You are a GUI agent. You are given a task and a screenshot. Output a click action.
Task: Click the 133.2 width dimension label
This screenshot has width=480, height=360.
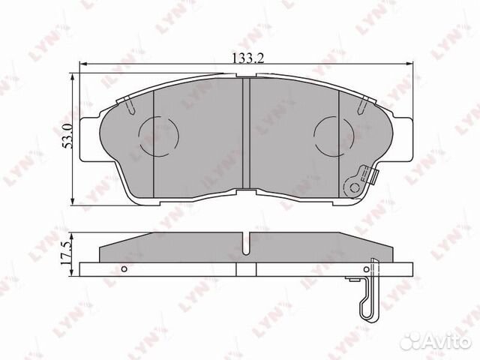[x=248, y=58]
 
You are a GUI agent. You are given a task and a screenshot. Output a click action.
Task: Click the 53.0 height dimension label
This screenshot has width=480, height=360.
[x=67, y=136]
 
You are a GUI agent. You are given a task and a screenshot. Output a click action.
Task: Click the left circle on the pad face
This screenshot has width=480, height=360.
[x=158, y=136]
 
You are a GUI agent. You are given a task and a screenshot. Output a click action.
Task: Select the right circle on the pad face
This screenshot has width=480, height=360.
[x=334, y=136]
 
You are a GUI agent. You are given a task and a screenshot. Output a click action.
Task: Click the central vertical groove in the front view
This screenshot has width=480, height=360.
[x=246, y=133]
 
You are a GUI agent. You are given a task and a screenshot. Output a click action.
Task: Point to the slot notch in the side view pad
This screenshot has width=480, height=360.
[x=246, y=244]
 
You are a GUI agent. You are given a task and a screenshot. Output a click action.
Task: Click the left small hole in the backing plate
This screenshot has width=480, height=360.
[x=124, y=269]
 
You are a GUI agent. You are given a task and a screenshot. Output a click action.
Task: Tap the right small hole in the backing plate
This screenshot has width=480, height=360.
[x=367, y=269]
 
